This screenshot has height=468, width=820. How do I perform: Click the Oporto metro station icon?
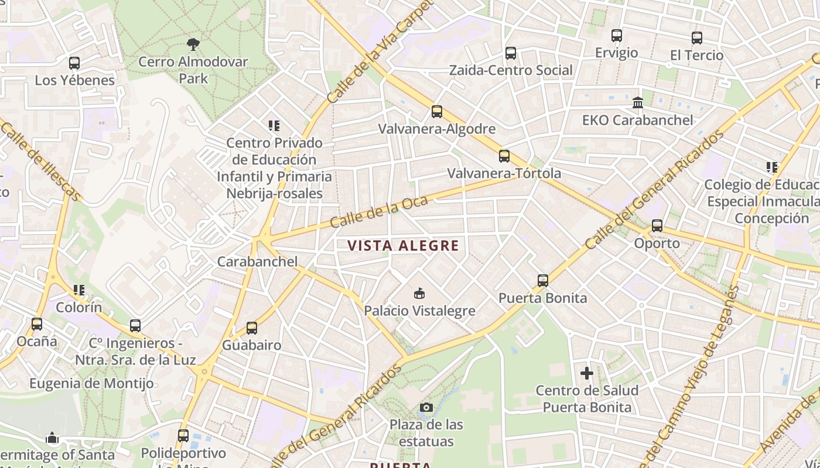coord(657,225)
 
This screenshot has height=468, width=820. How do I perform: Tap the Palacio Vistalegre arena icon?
coord(419,293)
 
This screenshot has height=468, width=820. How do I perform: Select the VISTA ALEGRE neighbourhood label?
coord(403,246)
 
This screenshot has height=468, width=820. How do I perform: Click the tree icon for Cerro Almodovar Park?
coord(193,44)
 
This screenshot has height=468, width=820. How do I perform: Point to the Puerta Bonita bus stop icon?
coord(543,280)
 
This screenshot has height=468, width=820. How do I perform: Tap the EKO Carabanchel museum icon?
coord(637,103)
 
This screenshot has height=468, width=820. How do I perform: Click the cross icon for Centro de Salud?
coord(586,373)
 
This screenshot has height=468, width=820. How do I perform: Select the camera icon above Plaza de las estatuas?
coord(426,407)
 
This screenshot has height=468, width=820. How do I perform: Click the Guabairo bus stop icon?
coord(252,328)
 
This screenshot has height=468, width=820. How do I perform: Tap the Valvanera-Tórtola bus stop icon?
coord(504,156)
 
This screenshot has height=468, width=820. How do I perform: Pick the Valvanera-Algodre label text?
coord(436,129)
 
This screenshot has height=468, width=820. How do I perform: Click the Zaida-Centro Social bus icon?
coord(510,53)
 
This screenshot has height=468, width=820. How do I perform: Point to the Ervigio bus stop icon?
coord(616,36)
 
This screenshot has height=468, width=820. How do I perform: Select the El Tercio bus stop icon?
coord(696,38)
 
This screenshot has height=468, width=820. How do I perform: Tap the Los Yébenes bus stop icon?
coord(74,63)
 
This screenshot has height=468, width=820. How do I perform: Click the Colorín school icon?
coord(78,290)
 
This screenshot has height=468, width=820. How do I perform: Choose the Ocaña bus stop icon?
coord(37,324)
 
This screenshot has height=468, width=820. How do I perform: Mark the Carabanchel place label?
coord(257,261)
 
